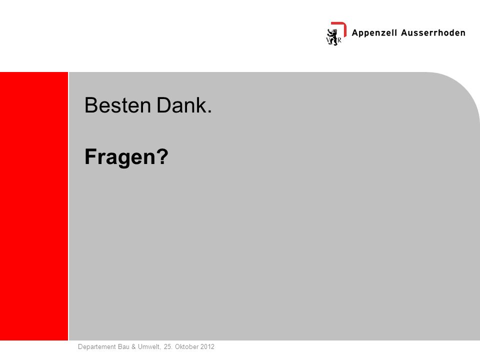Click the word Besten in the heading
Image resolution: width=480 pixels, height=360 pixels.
coord(118,105)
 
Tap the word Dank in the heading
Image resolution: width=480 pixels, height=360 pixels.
coord(181,105)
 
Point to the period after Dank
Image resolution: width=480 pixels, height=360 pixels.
coord(209,111)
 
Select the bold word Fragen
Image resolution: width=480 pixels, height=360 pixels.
coord(120,156)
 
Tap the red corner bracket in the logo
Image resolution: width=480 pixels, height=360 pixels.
coord(340,28)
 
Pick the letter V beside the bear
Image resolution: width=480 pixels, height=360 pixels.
coord(328,40)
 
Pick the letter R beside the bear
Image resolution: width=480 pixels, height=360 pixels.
coord(339,40)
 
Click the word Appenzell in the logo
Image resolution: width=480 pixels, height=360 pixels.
coord(374,33)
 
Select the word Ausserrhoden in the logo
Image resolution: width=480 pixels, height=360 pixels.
coord(433,33)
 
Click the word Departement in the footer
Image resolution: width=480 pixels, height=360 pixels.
coord(97,347)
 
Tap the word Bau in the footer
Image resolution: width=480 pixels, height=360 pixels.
coord(123,346)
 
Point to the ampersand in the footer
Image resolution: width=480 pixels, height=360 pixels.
coord(133,346)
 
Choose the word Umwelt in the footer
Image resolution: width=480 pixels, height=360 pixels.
coord(149,347)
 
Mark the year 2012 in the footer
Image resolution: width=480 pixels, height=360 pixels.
coord(207,346)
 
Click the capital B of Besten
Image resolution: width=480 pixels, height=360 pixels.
coord(90,105)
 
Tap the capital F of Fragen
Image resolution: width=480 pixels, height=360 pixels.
coord(90,156)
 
